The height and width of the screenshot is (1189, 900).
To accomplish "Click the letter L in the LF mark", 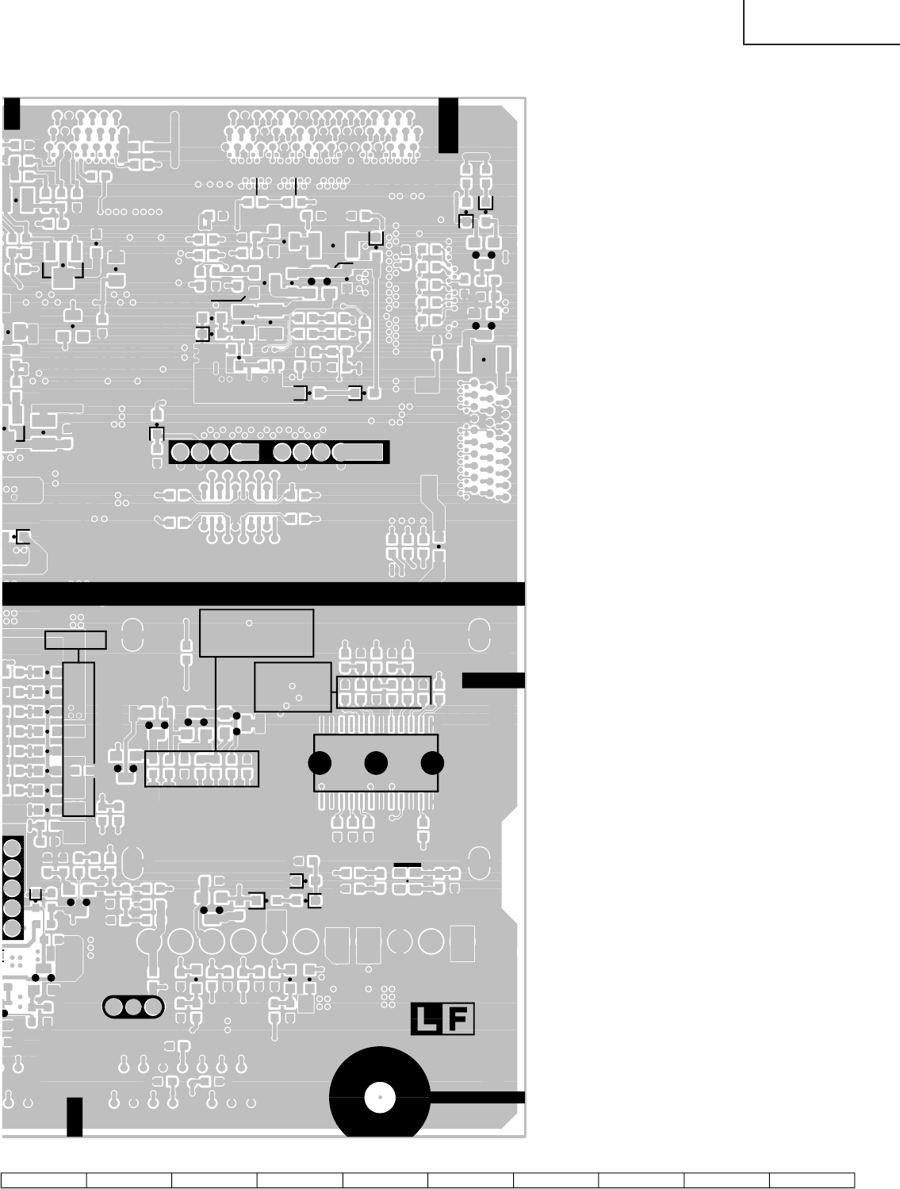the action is point(426,1020).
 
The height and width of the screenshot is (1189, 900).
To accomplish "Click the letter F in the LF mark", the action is point(458,1020).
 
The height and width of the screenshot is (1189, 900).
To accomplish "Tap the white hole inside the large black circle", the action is point(380,1098).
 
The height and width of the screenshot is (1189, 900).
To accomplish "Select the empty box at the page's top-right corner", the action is point(821,21).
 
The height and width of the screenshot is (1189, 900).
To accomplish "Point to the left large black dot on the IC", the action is point(320,763).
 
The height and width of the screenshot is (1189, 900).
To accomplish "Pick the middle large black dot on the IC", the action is point(376,763).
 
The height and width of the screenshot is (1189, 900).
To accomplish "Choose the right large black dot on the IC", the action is point(432,763).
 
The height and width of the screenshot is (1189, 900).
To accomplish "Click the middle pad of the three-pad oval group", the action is point(132,1007).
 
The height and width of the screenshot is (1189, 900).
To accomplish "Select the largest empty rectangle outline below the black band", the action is point(256,633).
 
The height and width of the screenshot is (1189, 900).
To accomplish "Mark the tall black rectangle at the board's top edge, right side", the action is point(448,125).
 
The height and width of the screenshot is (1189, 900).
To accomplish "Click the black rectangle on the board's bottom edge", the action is point(75,1117).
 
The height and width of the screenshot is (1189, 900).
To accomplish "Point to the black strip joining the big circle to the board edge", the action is point(476,1098).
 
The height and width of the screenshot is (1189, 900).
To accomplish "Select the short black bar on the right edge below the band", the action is point(493,680).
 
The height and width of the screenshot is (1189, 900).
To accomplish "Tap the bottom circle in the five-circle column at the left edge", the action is point(12,927).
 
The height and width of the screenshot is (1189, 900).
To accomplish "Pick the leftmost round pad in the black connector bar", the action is point(180,452).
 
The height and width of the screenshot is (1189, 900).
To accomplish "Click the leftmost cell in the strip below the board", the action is point(44,1180).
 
